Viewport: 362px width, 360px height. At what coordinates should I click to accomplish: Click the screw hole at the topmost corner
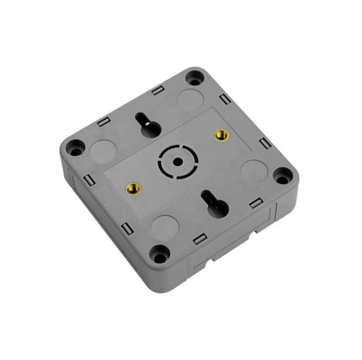tap(194, 77)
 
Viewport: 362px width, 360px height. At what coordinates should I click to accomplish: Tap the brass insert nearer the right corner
tap(221, 135)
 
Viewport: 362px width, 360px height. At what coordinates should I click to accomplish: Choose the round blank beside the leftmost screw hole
tap(104, 151)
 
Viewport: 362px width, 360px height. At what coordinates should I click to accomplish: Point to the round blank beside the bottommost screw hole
tap(163, 227)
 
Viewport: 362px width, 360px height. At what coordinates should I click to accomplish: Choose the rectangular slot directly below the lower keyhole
tap(198, 238)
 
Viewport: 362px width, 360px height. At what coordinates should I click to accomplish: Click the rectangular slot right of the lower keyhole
tap(255, 203)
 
